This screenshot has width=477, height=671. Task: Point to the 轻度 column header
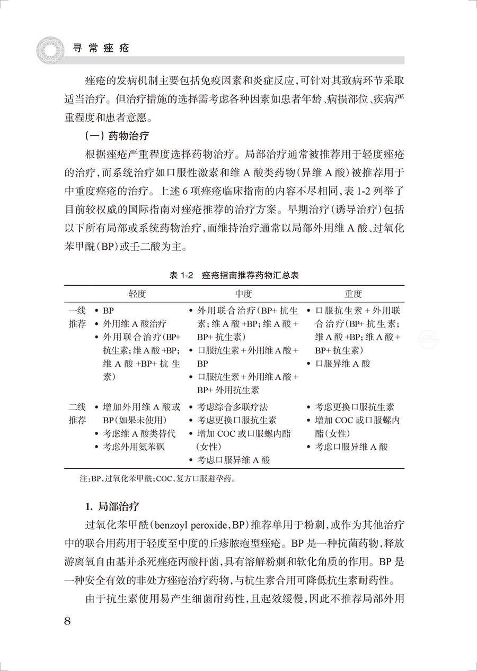coord(137,294)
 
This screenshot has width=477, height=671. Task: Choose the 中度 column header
coord(243,294)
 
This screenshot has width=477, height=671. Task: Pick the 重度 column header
coord(353,294)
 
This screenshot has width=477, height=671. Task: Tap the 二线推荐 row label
coord(77,414)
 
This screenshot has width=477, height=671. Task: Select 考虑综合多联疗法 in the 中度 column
coord(233,407)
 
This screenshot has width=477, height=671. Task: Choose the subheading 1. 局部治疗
coord(112,507)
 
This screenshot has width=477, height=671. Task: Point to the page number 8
coord(67,621)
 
